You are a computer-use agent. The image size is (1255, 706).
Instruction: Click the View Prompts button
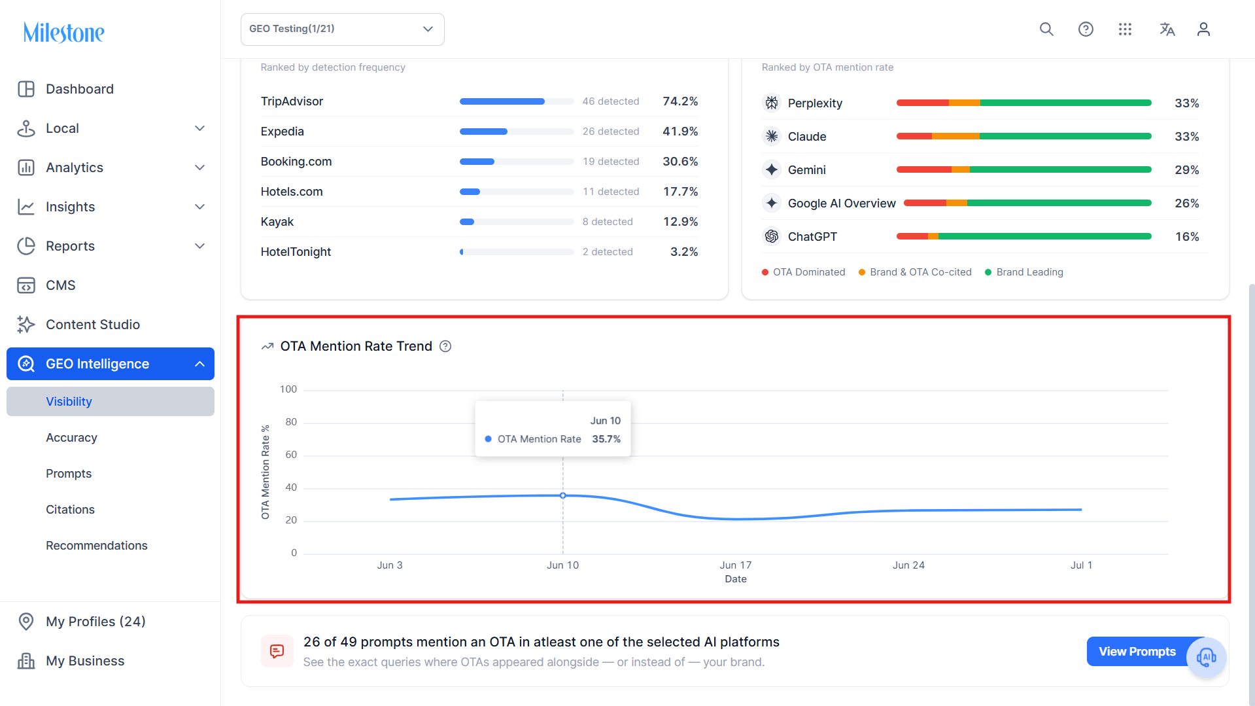[x=1137, y=652]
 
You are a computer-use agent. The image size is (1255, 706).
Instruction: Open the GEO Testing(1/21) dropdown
[x=342, y=29]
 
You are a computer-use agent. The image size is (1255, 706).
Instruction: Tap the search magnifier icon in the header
[x=1046, y=29]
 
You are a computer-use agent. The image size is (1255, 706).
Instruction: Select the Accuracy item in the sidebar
[x=71, y=438]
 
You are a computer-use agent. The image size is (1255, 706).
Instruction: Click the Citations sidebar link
[x=70, y=510]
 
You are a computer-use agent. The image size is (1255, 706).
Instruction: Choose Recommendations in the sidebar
[x=97, y=546]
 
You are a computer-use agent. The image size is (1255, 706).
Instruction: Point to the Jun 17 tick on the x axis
[x=736, y=565]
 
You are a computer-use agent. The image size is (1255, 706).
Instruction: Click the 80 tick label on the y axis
[x=291, y=422]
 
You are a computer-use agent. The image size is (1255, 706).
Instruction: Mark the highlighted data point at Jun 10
[x=563, y=495]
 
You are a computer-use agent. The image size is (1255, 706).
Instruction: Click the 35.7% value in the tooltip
[x=606, y=439]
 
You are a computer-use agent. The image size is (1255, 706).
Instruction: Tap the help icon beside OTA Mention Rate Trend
[x=445, y=346]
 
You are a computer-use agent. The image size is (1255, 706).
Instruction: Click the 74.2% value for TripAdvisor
[x=680, y=101]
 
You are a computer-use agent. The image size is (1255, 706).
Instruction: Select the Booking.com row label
[x=296, y=162]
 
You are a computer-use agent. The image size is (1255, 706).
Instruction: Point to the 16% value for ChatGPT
[x=1187, y=237]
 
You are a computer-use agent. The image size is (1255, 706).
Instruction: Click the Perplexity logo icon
[x=772, y=103]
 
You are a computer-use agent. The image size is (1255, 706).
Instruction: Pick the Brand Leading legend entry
[x=1024, y=272]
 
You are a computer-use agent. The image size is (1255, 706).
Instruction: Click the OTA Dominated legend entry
[x=803, y=272]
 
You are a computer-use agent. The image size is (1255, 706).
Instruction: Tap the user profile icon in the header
[x=1203, y=29]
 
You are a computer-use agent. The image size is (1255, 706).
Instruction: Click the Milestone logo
[x=63, y=32]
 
